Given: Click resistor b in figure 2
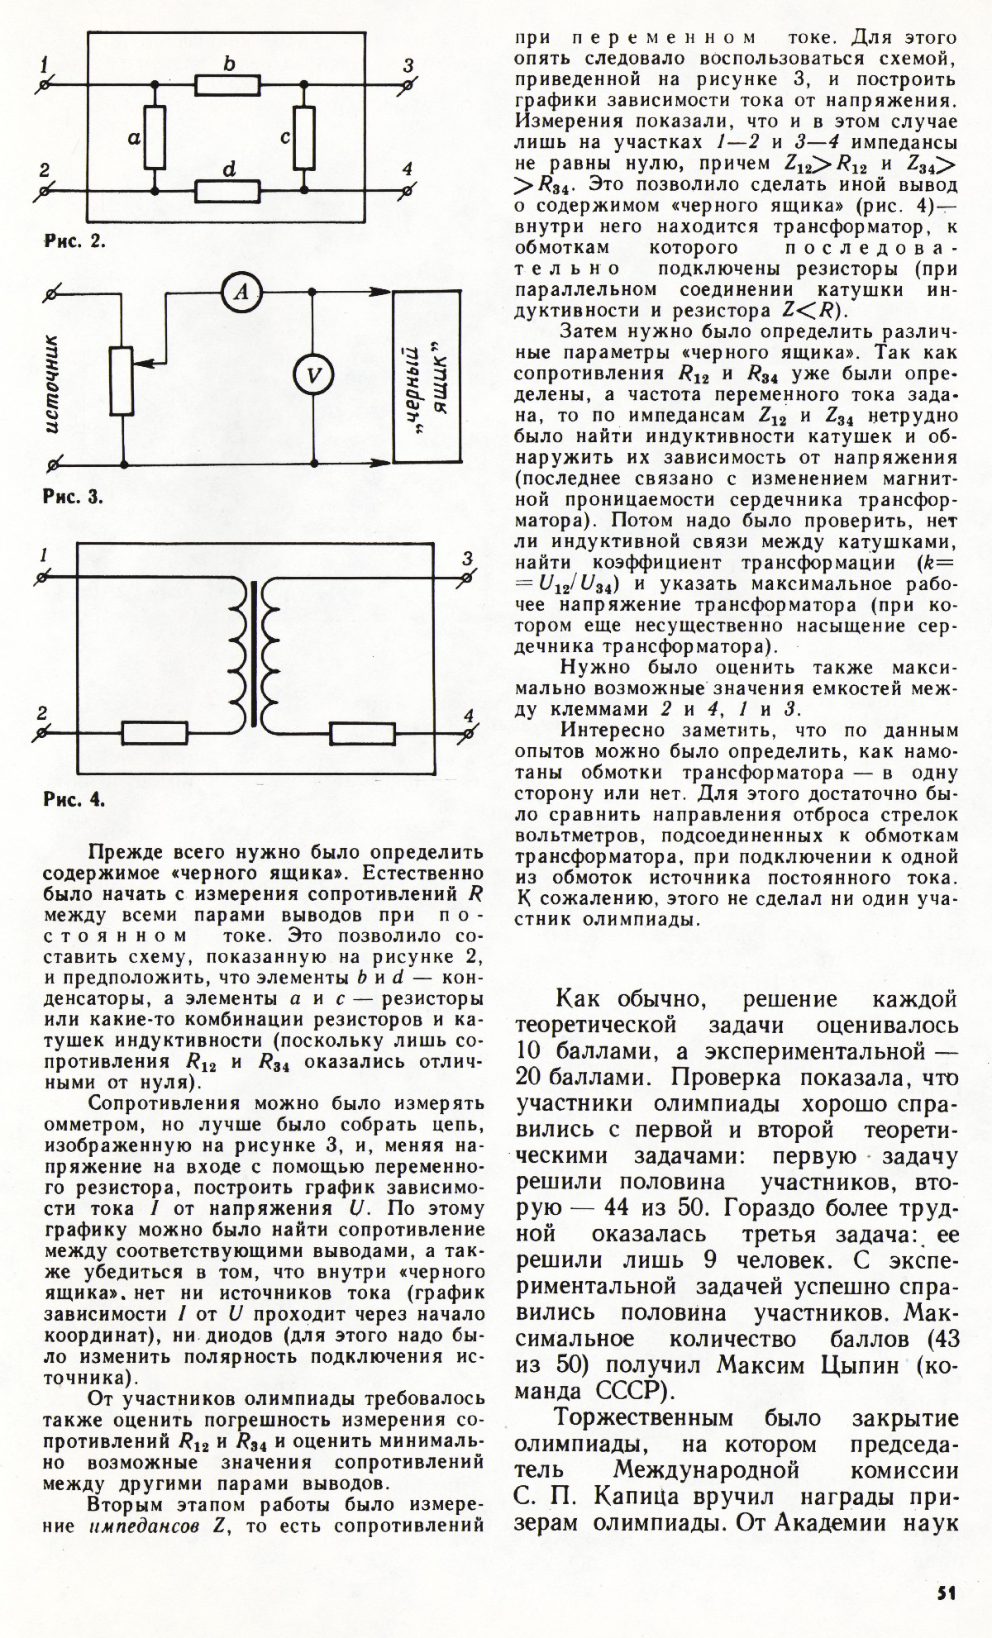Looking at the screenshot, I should (228, 84).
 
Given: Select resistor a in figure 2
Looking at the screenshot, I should (155, 137).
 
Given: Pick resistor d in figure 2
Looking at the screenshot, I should (228, 192).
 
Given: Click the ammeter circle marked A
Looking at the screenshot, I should (241, 291).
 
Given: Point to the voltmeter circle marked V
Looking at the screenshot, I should (313, 377).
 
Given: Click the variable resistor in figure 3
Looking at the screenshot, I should (122, 380).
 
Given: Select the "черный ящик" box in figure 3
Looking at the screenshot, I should (427, 377).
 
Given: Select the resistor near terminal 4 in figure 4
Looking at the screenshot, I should (362, 732).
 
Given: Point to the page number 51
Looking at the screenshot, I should (947, 1593).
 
